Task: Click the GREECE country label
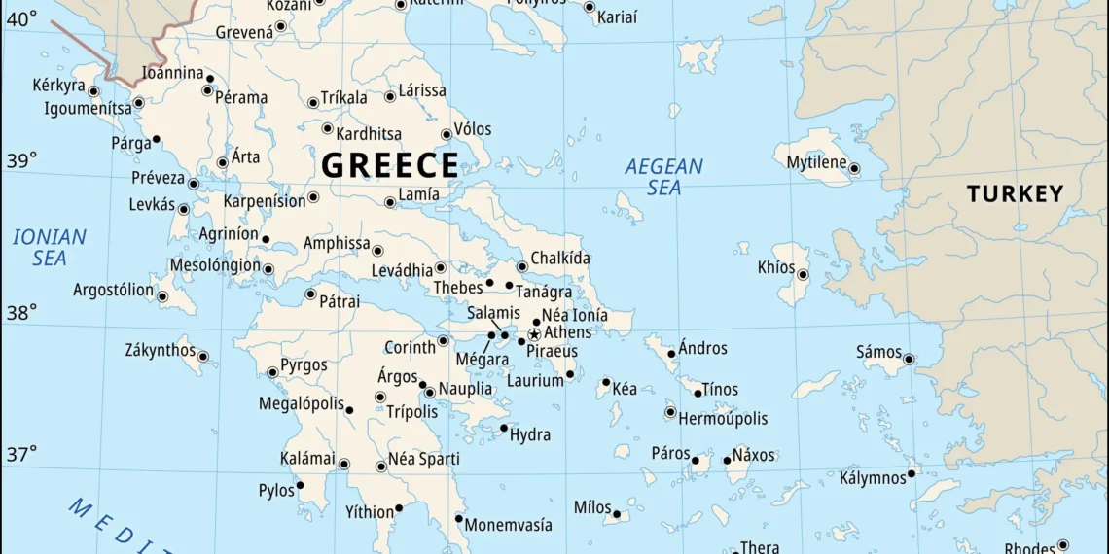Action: [389, 165]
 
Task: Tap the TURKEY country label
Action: [1015, 193]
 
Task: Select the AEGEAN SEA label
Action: [663, 177]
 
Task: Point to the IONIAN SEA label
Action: [50, 247]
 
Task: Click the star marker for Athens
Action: [533, 334]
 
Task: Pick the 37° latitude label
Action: [21, 453]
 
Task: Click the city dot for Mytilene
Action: [853, 168]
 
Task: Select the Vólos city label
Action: [473, 129]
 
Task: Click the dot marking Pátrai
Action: [310, 294]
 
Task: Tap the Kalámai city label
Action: [307, 458]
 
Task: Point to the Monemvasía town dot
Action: [459, 518]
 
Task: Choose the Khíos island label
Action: [776, 267]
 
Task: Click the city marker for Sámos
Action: [908, 359]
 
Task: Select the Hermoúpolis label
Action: [723, 419]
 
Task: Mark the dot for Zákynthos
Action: [202, 357]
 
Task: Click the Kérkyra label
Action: [59, 86]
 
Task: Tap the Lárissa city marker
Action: [390, 96]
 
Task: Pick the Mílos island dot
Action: [617, 514]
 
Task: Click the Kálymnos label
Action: [873, 477]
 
